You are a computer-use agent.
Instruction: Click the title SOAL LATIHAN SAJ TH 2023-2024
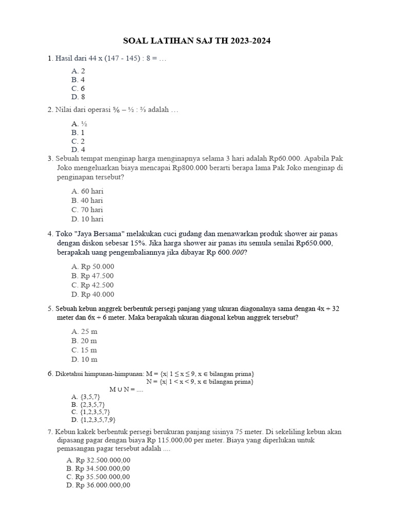coord(198,41)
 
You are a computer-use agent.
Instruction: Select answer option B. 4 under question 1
coord(78,80)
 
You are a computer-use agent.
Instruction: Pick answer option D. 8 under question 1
coord(78,97)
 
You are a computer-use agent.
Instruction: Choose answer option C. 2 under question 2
coord(78,141)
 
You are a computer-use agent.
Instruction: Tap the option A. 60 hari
coord(87,191)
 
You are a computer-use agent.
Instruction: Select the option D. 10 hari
coord(87,219)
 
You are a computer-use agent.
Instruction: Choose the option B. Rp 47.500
coord(93,276)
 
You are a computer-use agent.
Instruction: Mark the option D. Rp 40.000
coord(93,294)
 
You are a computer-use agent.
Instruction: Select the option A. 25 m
coord(84,331)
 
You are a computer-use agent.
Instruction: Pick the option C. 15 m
coord(84,350)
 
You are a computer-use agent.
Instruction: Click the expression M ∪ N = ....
coord(126,389)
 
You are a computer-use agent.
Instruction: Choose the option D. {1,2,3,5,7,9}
coord(95,419)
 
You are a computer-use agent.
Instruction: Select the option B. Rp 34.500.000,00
coord(98,468)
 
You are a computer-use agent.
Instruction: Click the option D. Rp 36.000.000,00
coord(98,485)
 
